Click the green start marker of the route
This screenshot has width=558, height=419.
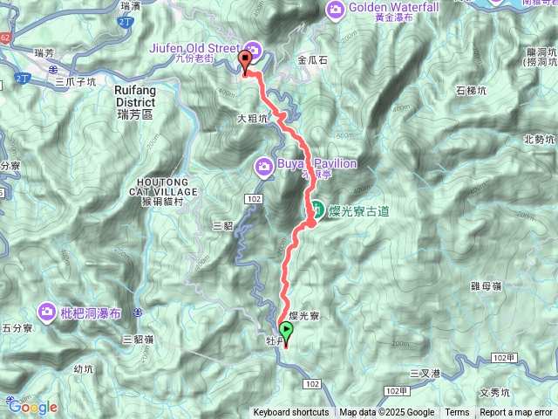click(286, 331)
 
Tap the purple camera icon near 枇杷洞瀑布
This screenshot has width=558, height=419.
click(47, 311)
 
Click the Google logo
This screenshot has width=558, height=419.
click(33, 407)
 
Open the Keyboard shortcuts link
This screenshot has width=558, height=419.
click(291, 413)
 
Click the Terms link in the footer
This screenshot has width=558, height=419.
click(457, 413)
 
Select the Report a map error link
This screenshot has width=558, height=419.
click(516, 413)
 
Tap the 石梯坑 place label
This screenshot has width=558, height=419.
click(471, 90)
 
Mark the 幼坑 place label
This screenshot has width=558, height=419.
click(83, 369)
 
